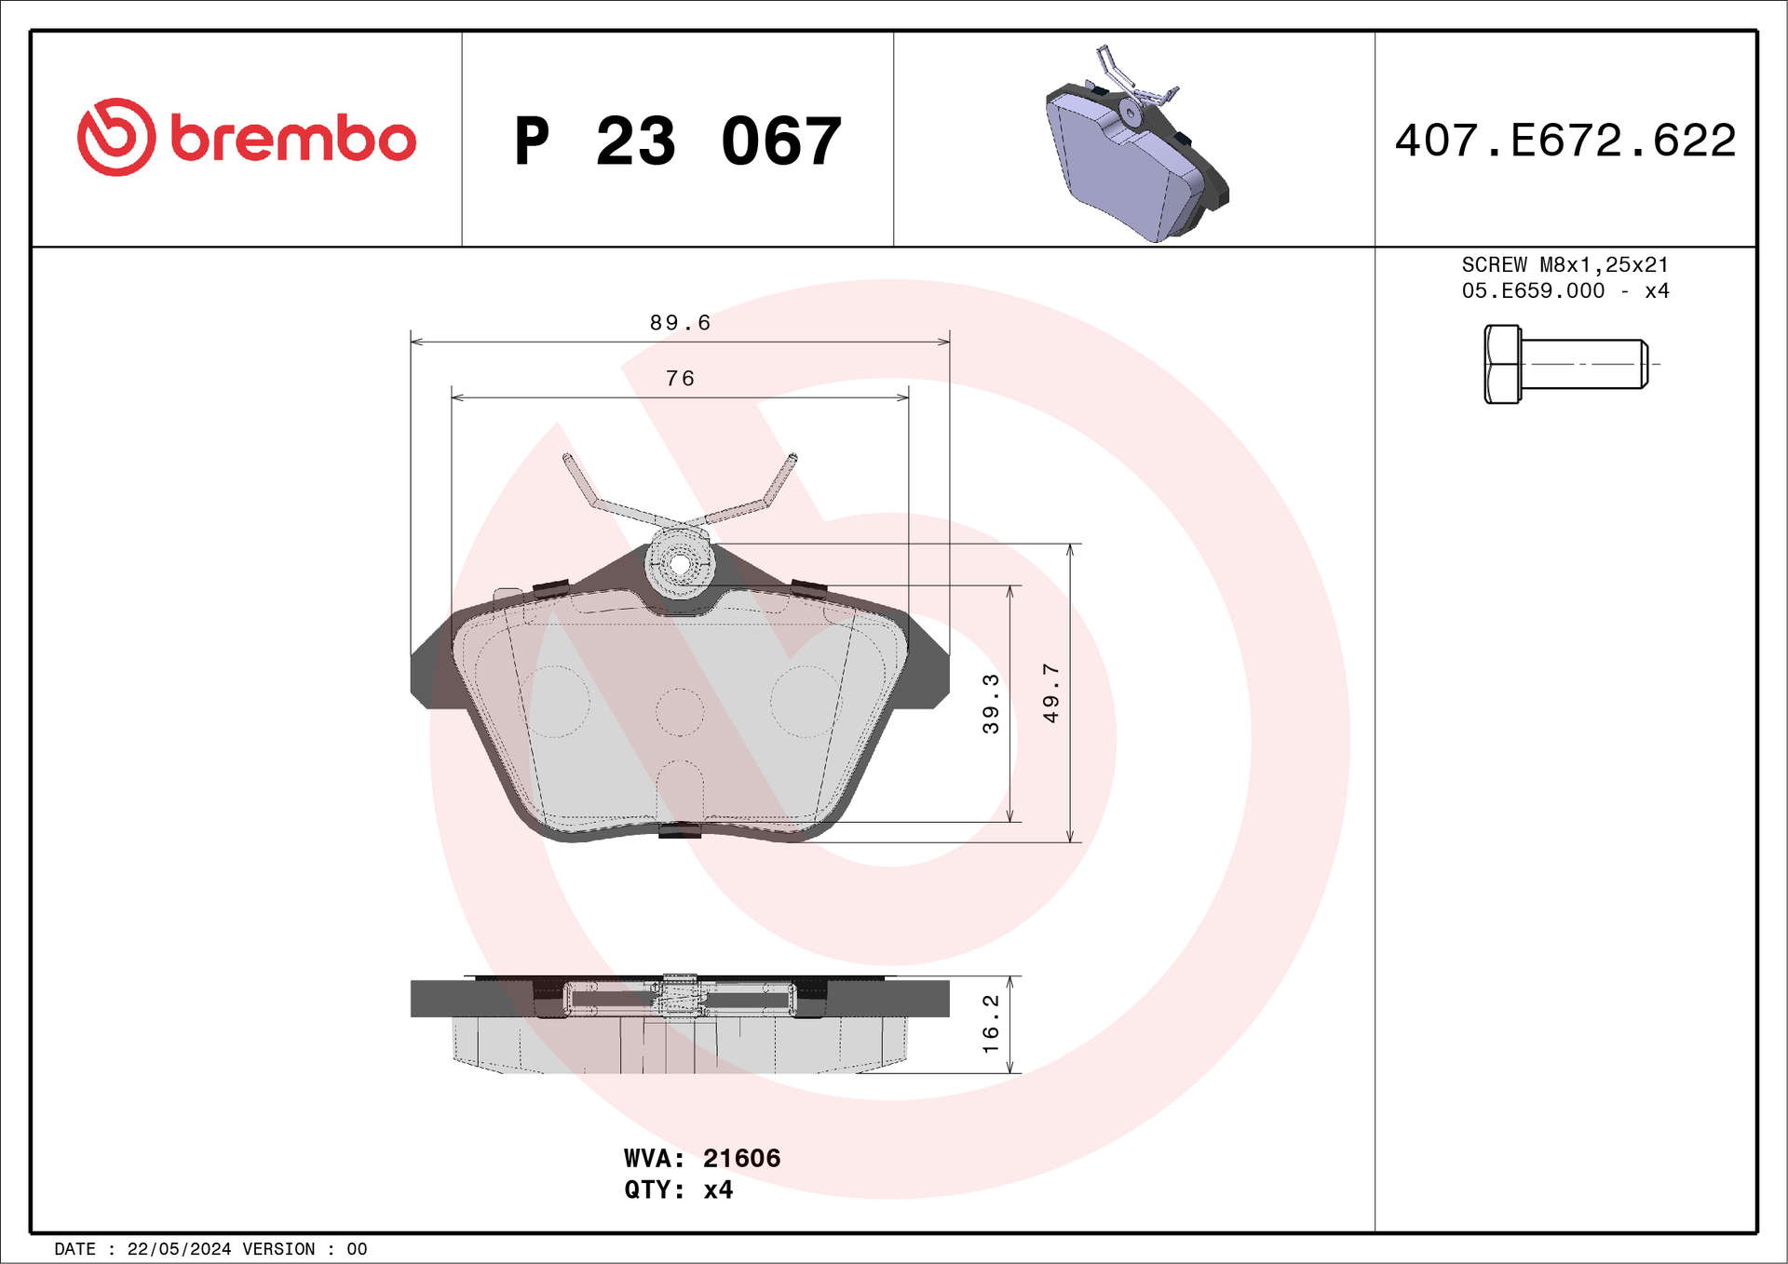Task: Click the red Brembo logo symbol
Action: (116, 137)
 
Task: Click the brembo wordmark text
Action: (293, 139)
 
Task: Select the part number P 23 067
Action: (678, 141)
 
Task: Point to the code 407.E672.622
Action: (1565, 141)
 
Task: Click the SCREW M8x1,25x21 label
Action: (1564, 264)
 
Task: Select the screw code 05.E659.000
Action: (1533, 290)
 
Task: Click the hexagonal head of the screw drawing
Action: (1502, 364)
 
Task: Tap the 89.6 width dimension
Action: (680, 322)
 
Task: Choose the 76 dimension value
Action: (680, 378)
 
